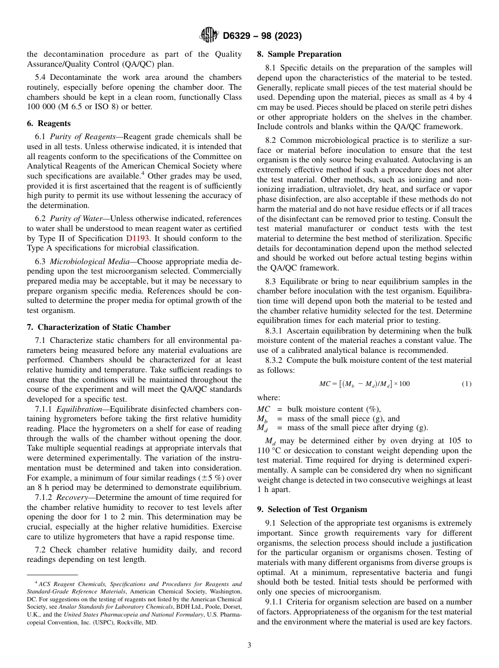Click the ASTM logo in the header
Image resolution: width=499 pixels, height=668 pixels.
(x=209, y=36)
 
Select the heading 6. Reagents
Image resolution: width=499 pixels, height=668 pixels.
(x=48, y=123)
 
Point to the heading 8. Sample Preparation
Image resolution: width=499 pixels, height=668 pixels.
(x=299, y=54)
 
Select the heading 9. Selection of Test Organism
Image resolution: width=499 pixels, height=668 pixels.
(x=312, y=509)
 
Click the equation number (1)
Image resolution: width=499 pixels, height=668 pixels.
(x=466, y=384)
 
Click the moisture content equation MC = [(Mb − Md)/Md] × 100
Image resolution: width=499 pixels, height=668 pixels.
(x=364, y=384)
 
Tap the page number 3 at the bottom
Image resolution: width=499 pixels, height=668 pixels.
(x=250, y=645)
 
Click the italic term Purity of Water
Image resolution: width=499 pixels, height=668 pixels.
(x=76, y=218)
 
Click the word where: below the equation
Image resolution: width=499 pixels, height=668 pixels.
(x=268, y=398)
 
